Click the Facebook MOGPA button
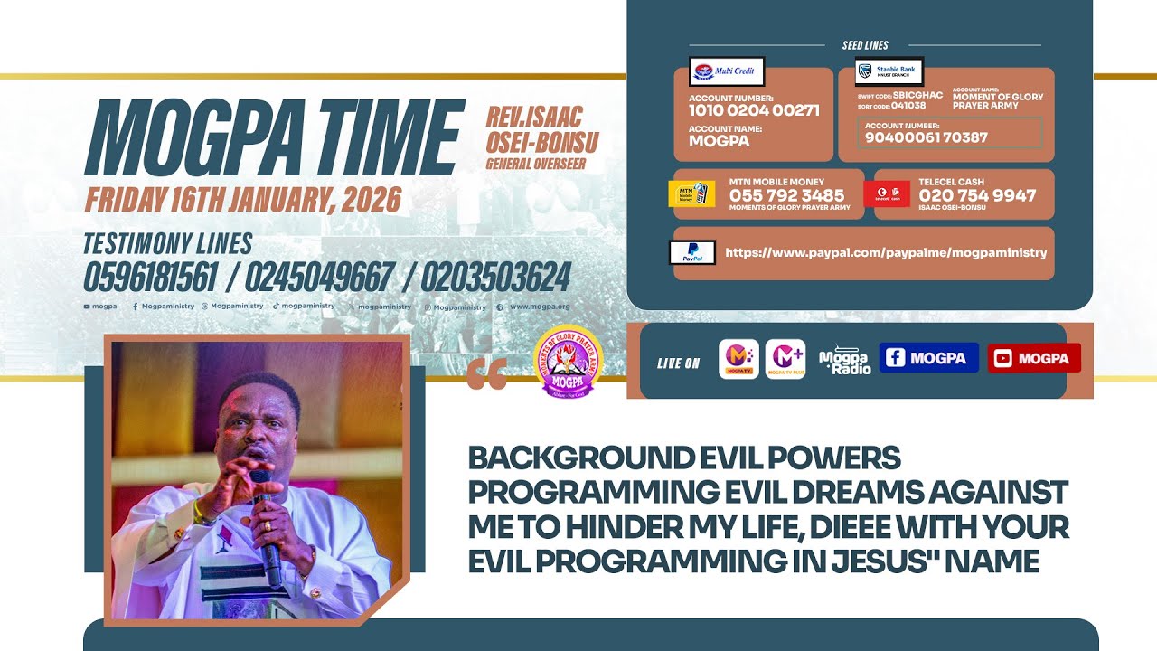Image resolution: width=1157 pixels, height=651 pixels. [928, 358]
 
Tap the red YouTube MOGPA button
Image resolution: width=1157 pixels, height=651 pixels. [1033, 358]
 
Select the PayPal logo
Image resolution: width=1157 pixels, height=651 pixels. [691, 252]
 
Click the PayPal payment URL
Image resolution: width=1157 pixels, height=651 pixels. [886, 252]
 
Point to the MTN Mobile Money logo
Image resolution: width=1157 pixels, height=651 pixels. [691, 194]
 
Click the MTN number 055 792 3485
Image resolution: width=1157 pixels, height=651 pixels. [786, 195]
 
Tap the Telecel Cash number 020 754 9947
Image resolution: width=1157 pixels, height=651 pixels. [977, 195]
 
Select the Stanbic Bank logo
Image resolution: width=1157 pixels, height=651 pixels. [889, 71]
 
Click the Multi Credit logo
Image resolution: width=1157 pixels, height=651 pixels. [727, 71]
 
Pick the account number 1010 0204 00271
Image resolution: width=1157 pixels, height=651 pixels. [754, 110]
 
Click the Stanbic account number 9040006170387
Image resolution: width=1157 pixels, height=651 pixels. [927, 137]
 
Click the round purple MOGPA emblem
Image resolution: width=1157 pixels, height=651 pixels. [568, 363]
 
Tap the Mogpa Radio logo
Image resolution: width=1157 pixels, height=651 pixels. [844, 359]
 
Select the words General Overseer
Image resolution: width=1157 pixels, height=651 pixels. [536, 164]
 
